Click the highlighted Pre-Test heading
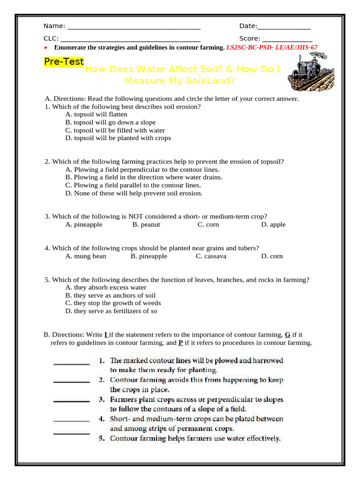coord(64,62)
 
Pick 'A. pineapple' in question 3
coord(84,225)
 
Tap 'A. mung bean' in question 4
coord(86,256)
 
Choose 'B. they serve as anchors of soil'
coord(111,295)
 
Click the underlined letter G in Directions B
coord(287,335)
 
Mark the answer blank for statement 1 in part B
coord(71,363)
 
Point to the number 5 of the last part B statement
coord(101,438)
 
